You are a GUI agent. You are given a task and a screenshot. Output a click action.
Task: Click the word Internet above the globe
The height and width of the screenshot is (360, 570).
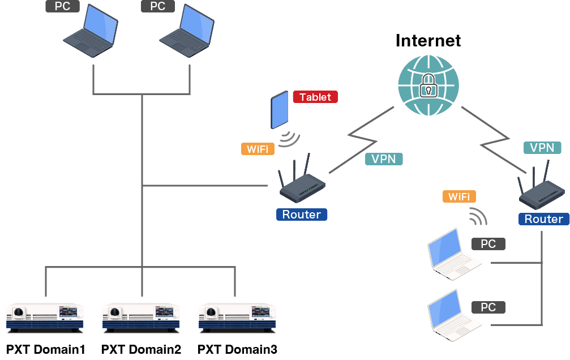pos(428,41)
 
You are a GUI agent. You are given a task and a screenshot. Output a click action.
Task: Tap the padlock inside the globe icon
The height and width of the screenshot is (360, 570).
pos(428,85)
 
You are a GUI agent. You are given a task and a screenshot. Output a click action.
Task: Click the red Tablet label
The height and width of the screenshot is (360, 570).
pos(315,97)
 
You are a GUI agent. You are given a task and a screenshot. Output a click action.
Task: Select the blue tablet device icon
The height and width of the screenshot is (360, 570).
pos(280,111)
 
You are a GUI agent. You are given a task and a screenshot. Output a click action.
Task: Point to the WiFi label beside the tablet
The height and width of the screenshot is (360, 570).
pos(258,149)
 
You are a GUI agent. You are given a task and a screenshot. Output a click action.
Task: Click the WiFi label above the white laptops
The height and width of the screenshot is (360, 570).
pos(459,196)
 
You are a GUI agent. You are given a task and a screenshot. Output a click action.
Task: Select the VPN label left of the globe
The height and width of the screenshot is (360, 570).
pos(384,159)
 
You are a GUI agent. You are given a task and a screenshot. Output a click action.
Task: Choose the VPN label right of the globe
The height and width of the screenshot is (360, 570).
pos(542,148)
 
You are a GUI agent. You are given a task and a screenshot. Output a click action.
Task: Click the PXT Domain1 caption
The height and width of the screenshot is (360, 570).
pos(45,350)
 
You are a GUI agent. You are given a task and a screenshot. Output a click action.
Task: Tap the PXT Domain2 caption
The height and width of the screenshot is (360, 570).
pos(142,350)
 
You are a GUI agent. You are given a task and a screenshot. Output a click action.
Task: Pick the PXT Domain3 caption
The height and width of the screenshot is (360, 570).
pos(238,350)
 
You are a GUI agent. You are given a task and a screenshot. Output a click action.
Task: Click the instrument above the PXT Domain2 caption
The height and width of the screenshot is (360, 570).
pos(141,316)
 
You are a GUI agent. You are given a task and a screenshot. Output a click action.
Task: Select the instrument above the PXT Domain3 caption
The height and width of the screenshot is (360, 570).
pos(237,316)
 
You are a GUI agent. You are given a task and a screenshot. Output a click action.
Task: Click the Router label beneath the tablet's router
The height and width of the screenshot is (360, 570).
pos(301,215)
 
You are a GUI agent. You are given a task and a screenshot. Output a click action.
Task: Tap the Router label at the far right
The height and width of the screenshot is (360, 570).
pos(543,219)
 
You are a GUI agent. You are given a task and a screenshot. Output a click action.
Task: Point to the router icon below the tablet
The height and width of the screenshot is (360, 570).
pos(302,184)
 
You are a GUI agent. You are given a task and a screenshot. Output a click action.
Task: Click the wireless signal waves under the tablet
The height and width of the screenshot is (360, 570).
pos(290,139)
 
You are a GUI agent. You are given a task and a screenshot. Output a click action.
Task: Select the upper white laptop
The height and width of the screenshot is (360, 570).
pos(453,254)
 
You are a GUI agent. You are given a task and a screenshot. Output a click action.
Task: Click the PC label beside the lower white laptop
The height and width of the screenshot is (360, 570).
pos(488,307)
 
